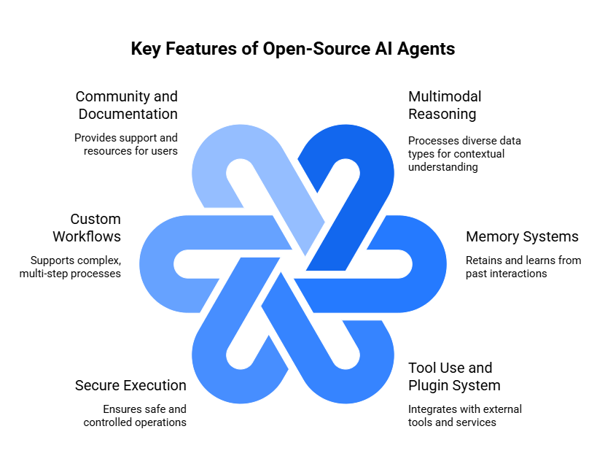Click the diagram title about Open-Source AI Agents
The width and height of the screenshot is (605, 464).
click(x=292, y=49)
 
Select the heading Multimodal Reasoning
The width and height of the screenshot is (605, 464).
click(x=445, y=105)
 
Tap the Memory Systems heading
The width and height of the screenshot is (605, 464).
click(x=522, y=236)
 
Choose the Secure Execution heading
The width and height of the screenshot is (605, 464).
click(x=130, y=385)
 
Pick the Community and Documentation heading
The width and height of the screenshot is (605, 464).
click(x=127, y=105)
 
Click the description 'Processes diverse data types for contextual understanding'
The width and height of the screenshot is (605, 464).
click(x=464, y=153)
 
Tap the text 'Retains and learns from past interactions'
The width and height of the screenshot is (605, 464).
click(x=523, y=266)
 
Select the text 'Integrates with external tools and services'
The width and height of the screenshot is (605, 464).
click(x=464, y=416)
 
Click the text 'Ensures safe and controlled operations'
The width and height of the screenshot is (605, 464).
click(x=135, y=416)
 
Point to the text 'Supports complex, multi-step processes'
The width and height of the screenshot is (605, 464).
click(x=75, y=266)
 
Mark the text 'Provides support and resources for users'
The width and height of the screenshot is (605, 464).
click(x=125, y=144)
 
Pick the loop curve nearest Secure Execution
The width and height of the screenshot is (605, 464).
click(x=219, y=365)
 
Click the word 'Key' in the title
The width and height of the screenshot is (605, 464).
click(x=146, y=49)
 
